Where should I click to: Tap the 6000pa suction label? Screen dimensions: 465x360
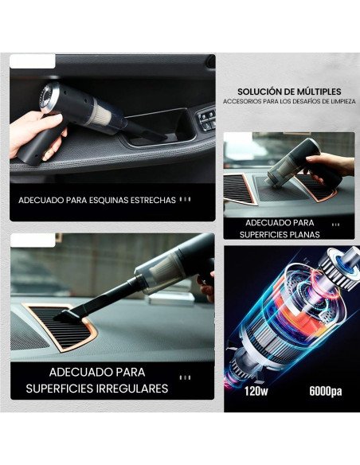click(325, 392)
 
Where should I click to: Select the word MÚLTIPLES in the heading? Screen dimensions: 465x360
click(321, 91)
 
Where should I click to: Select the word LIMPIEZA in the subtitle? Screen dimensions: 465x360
click(336, 102)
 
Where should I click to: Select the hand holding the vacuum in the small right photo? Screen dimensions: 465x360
click(331, 165)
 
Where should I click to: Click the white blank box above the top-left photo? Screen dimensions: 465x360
click(33, 61)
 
